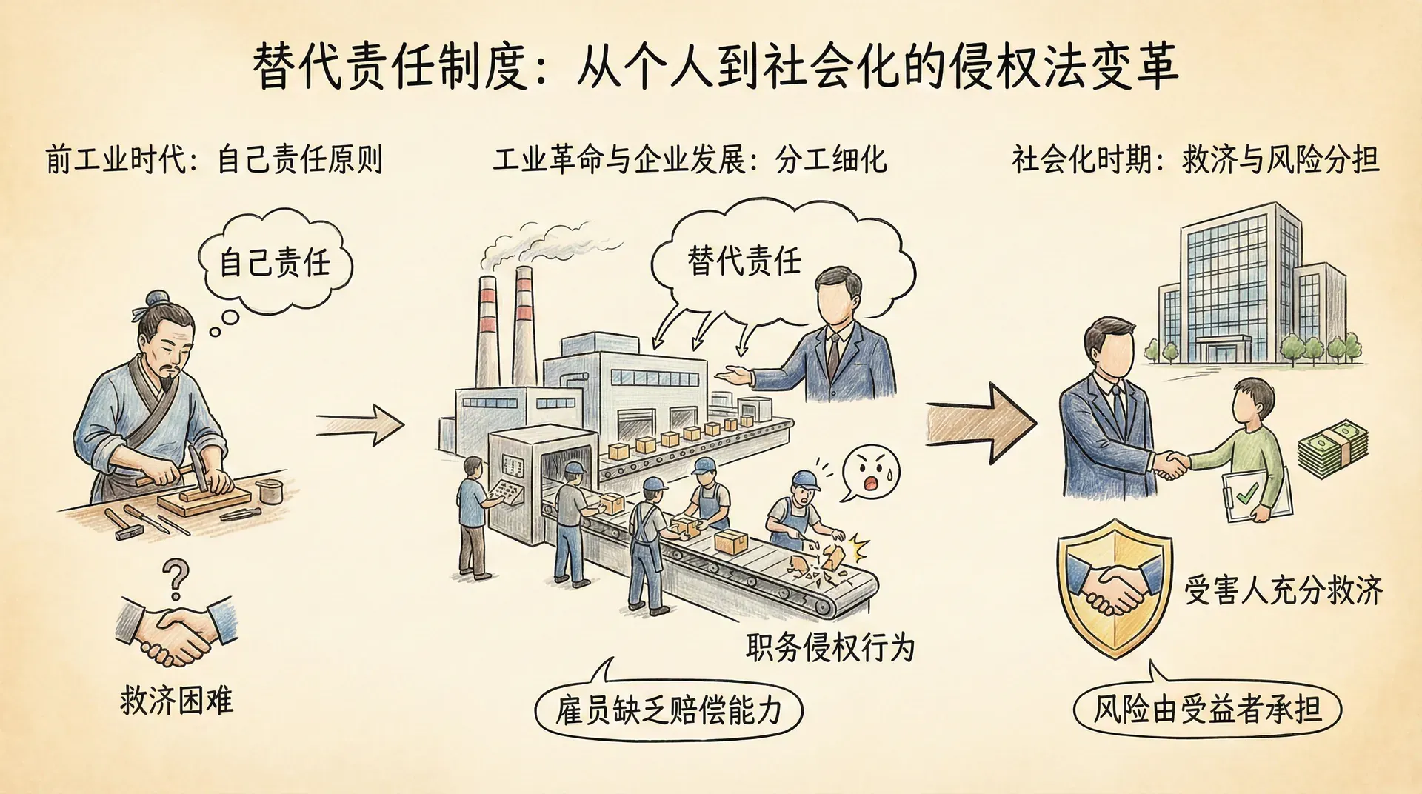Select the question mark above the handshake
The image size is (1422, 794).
click(x=176, y=579)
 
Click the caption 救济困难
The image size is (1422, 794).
click(x=176, y=700)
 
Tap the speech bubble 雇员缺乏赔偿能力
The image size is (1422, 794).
click(x=668, y=710)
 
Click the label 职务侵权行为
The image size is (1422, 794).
click(x=829, y=647)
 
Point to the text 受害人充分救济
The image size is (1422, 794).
click(x=1283, y=590)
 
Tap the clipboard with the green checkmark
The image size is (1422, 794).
click(x=1258, y=496)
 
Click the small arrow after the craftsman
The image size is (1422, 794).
click(x=361, y=424)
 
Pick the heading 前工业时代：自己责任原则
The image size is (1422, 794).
click(x=214, y=160)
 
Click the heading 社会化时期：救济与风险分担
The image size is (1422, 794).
click(x=1195, y=160)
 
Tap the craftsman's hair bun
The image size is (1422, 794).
click(x=156, y=298)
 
